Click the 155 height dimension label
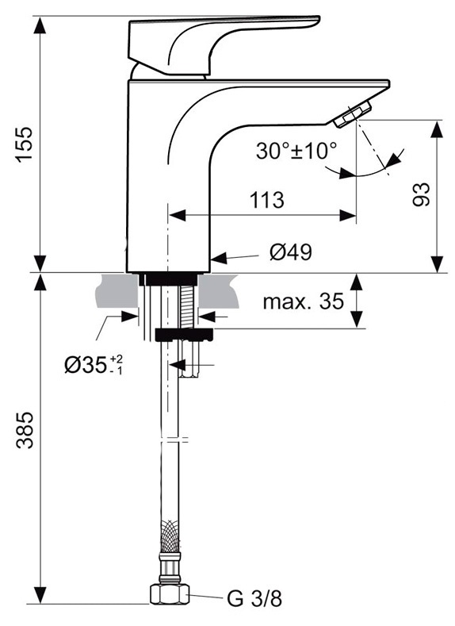click(25, 144)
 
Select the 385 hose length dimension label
click(25, 429)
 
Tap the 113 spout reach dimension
click(267, 200)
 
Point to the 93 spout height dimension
click(422, 194)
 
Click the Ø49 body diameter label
click(291, 252)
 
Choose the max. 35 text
click(303, 301)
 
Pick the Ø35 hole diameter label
click(94, 364)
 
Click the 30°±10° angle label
click(296, 151)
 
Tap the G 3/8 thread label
click(254, 599)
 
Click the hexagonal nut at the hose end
click(169, 594)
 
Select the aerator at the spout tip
click(353, 114)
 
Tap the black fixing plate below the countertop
click(184, 336)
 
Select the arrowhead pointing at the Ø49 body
click(219, 258)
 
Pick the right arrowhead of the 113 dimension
click(347, 216)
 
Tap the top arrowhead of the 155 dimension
click(40, 25)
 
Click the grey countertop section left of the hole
click(117, 291)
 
